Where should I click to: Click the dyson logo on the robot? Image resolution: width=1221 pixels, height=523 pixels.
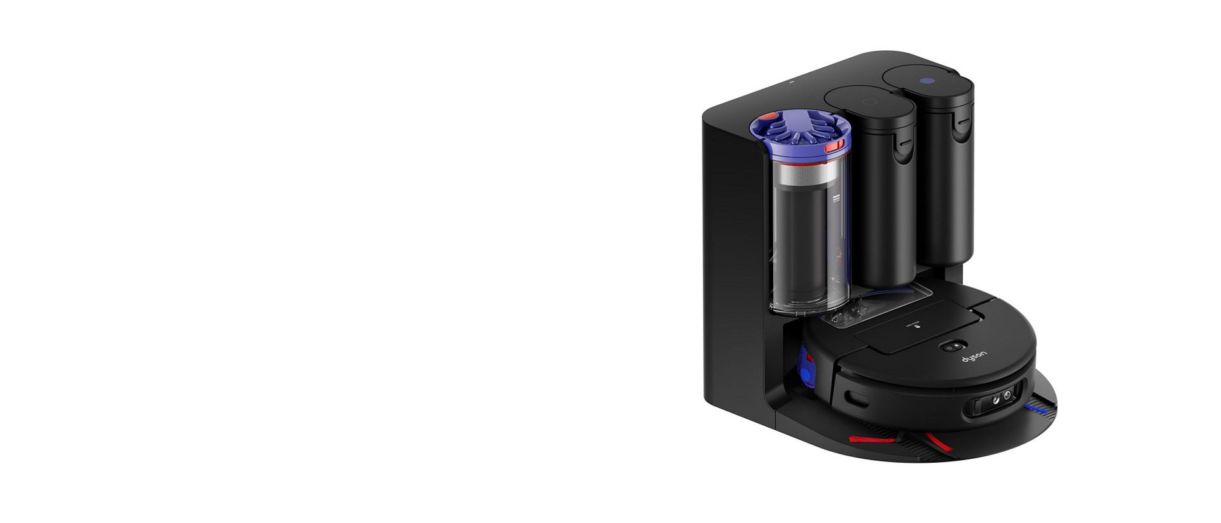[x=974, y=357]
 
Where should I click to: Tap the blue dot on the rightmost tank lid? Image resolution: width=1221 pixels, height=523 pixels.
[x=927, y=81]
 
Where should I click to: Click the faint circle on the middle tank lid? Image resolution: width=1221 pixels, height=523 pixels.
[x=869, y=102]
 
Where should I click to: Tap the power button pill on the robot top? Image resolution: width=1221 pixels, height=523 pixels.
[x=953, y=347]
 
